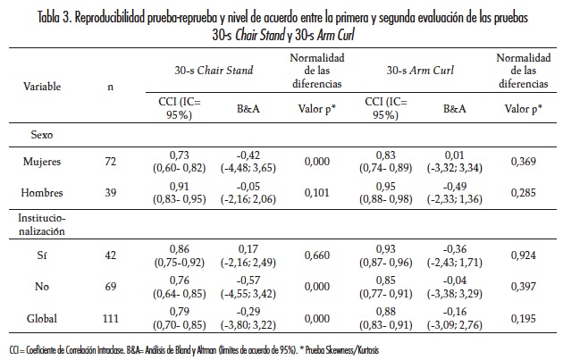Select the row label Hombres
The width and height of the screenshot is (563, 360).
[x=42, y=195]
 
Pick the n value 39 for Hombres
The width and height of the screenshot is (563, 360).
[x=112, y=195]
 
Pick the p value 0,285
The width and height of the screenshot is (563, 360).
[x=521, y=195]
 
